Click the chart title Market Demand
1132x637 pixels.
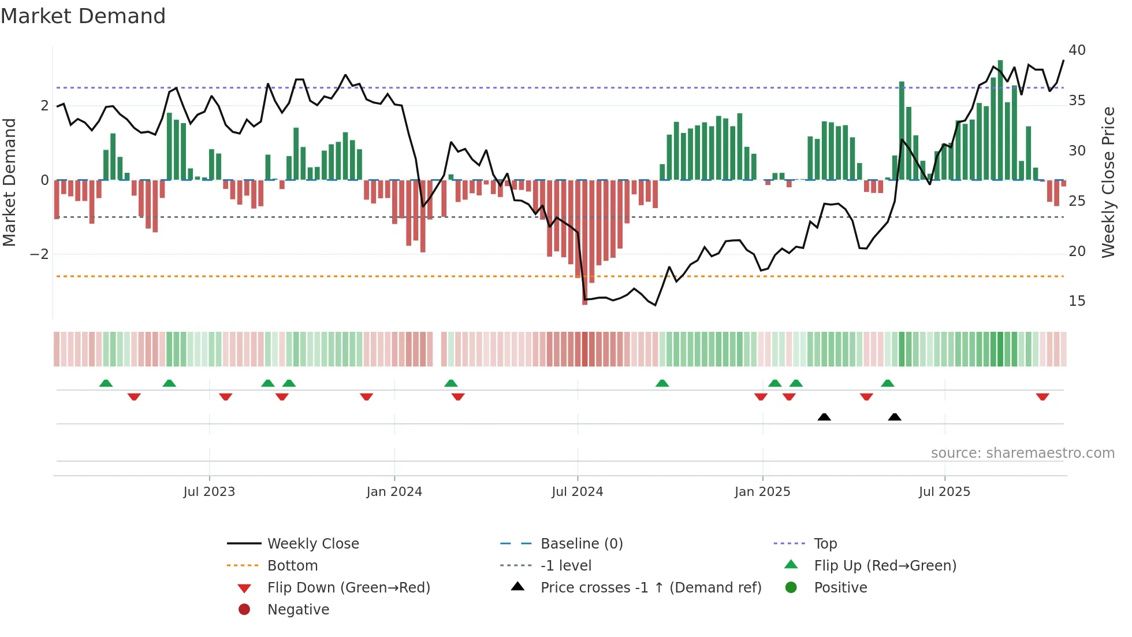point(83,16)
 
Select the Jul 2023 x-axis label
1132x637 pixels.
point(209,492)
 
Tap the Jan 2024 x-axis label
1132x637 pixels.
point(394,492)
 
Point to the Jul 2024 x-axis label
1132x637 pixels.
point(577,492)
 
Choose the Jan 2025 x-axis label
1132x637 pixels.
point(762,492)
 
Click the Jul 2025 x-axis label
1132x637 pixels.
point(944,492)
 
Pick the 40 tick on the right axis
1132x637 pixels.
point(1077,50)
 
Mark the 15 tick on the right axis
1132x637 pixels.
point(1077,301)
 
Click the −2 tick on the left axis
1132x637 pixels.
point(39,254)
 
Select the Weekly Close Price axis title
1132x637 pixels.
point(1108,182)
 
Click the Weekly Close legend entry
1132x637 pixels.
point(312,544)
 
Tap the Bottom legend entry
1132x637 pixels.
point(292,566)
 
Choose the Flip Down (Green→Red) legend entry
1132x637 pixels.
point(348,588)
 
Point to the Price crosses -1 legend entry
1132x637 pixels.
point(650,588)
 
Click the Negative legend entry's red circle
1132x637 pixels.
point(244,609)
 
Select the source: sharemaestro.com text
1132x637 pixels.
point(1022,453)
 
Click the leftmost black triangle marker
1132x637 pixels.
point(824,417)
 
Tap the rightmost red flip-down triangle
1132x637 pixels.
point(1042,397)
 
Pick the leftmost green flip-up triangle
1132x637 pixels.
point(106,383)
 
